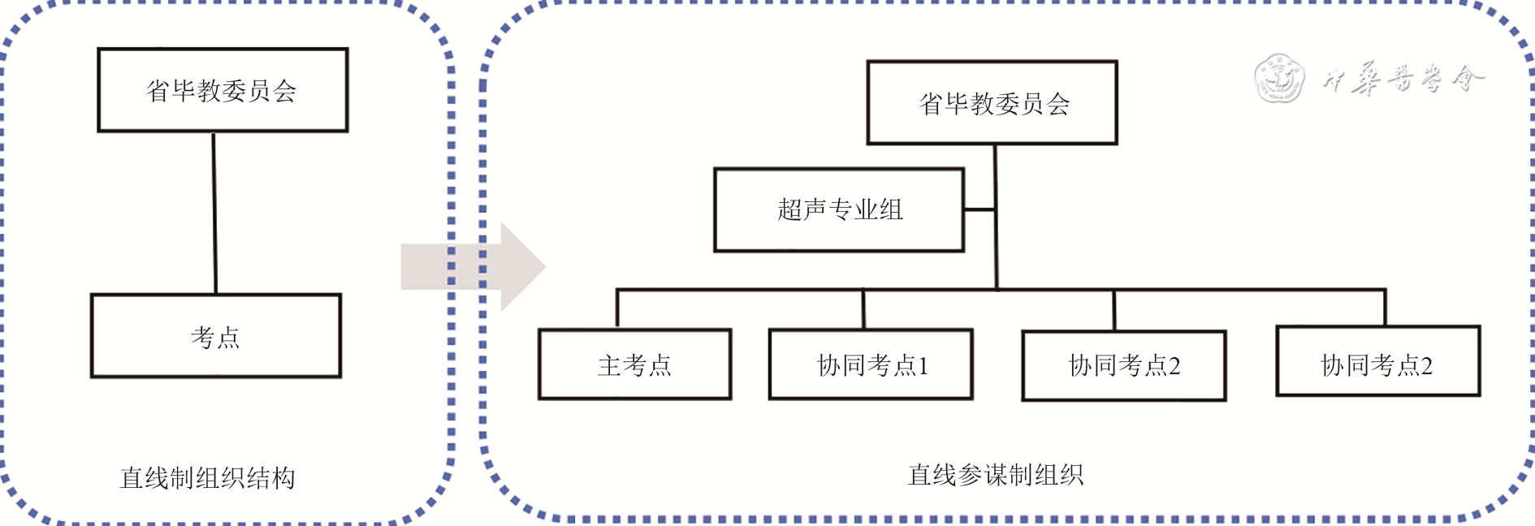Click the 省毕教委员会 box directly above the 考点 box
[x=223, y=90]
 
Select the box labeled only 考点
[x=216, y=336]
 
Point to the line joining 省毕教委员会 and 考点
[x=214, y=213]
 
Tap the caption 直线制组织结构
[x=207, y=478]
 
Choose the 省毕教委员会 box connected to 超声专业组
[x=992, y=103]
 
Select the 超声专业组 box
[x=839, y=210]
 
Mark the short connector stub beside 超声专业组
[x=979, y=209]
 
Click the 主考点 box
[x=635, y=364]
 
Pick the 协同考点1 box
[x=871, y=364]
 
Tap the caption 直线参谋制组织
[x=995, y=475]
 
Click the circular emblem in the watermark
[x=1278, y=79]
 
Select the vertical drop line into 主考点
[x=617, y=308]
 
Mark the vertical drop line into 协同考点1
[x=863, y=308]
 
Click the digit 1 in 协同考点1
[x=923, y=366]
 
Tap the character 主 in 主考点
[x=609, y=365]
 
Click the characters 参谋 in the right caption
[x=983, y=475]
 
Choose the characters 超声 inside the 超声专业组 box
[x=802, y=210]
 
